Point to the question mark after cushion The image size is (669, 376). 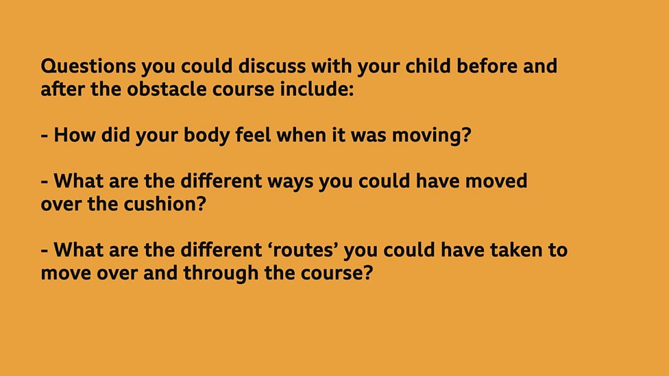tap(201, 203)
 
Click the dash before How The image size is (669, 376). tap(45, 136)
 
